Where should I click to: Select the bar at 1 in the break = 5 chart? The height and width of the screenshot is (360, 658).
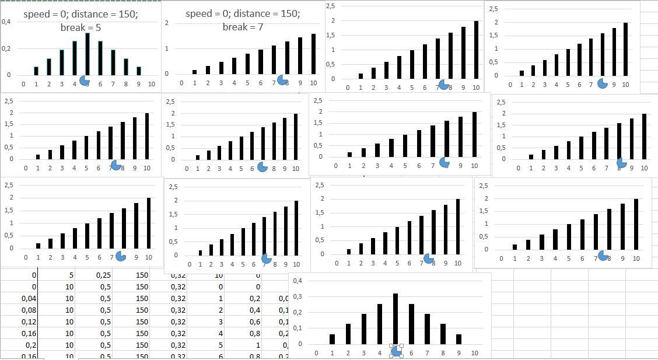pyautogui.click(x=36, y=71)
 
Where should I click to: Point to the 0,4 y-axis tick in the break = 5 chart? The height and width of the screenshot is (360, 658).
pyautogui.click(x=6, y=22)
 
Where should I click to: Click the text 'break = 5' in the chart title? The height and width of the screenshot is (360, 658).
pyautogui.click(x=80, y=27)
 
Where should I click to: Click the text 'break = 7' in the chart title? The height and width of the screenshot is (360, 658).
pyautogui.click(x=242, y=27)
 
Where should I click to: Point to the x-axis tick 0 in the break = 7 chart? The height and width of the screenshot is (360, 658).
pyautogui.click(x=181, y=83)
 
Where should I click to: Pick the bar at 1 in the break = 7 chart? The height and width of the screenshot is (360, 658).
pyautogui.click(x=195, y=72)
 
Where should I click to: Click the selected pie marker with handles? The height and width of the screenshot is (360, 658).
pyautogui.click(x=397, y=350)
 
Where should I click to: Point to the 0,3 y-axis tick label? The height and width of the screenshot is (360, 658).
pyautogui.click(x=298, y=296)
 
